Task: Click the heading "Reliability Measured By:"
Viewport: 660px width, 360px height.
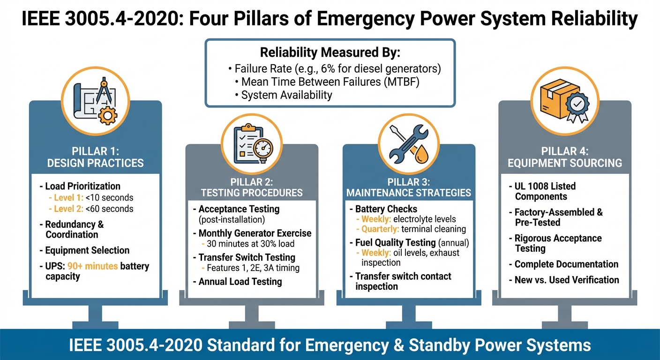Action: point(330,52)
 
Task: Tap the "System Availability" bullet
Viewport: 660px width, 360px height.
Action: point(286,95)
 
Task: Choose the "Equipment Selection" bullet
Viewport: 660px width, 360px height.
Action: point(87,250)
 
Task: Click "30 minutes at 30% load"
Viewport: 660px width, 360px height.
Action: point(251,244)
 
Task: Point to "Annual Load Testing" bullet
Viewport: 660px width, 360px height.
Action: point(240,282)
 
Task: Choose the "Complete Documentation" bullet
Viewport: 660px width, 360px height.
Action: point(566,264)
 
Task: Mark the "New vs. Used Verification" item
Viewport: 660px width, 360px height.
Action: point(567,280)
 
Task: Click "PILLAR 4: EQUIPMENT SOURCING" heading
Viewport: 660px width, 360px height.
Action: point(565,157)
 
